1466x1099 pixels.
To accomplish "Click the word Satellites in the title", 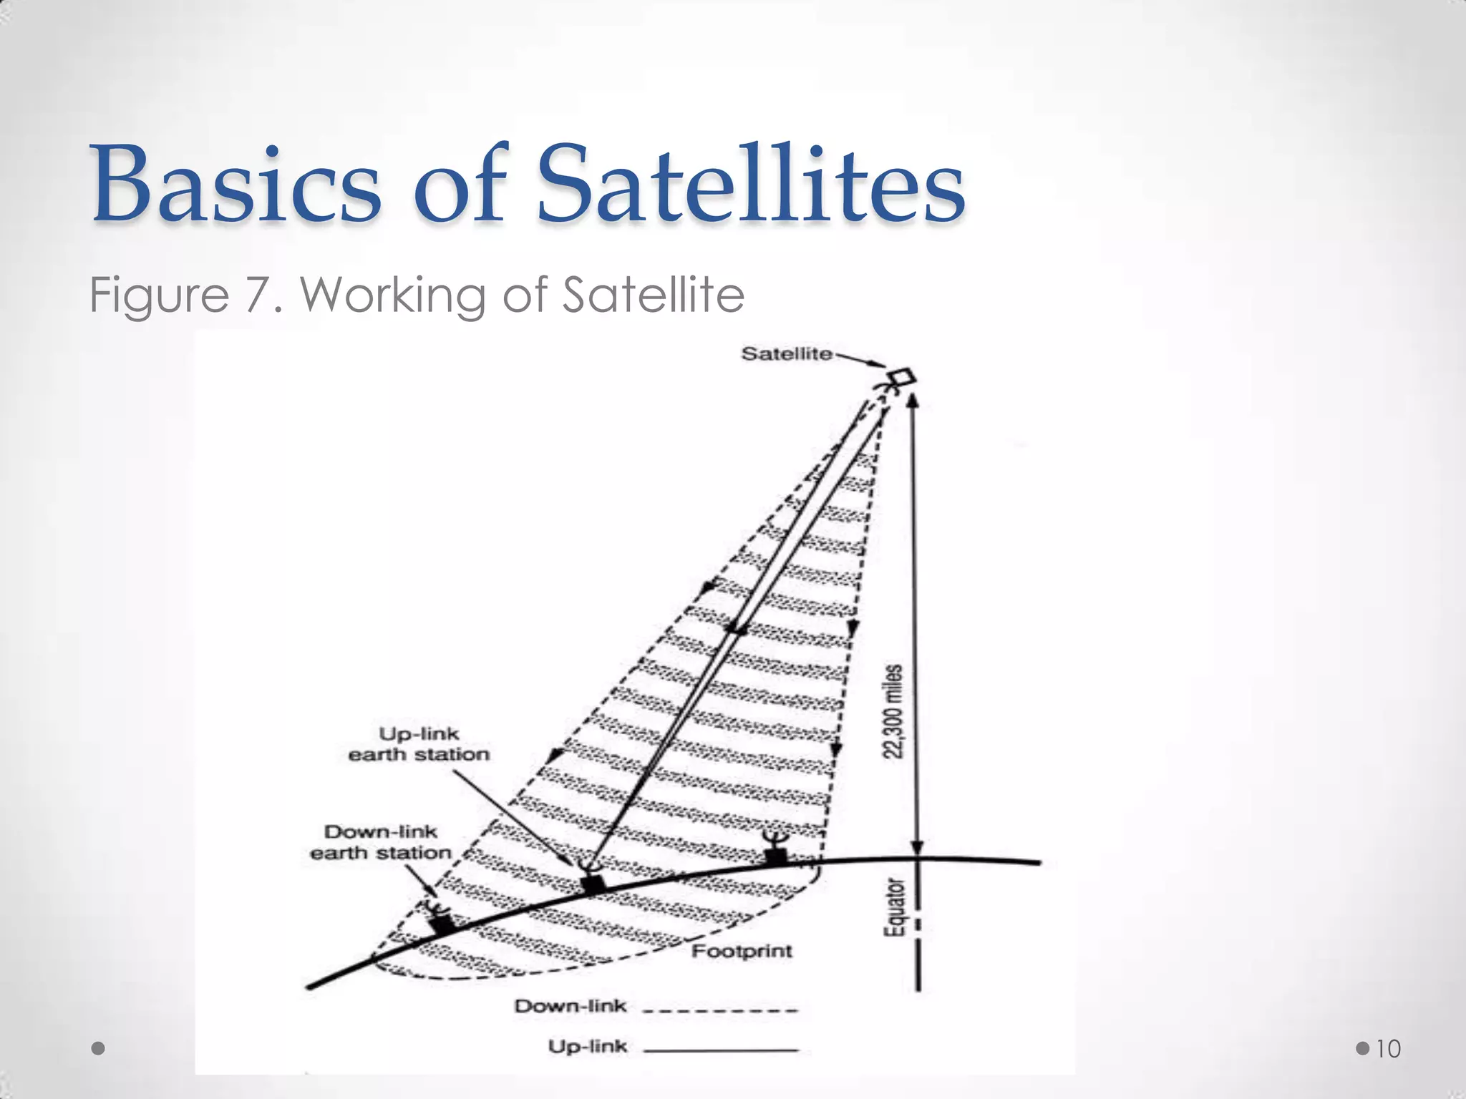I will click(751, 184).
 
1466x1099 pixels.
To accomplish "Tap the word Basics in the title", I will click(236, 184).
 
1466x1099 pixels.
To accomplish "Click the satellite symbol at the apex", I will click(901, 378).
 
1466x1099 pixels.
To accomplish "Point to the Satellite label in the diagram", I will click(786, 353).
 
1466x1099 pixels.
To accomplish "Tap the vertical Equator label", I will click(895, 908).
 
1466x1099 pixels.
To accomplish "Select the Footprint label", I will click(742, 951).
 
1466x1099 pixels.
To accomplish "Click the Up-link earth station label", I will click(419, 744).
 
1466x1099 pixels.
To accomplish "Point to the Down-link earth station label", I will click(380, 842).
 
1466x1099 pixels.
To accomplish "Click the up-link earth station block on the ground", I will click(593, 883).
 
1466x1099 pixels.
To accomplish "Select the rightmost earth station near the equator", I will click(775, 851).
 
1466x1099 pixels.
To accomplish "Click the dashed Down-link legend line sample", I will click(719, 1010).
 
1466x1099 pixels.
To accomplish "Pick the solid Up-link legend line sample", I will click(719, 1050).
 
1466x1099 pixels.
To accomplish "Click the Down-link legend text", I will click(570, 1006).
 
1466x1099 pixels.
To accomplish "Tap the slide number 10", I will click(1388, 1049).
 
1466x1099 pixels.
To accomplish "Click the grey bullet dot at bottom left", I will click(99, 1048).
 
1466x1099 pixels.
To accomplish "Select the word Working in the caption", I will click(393, 295).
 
